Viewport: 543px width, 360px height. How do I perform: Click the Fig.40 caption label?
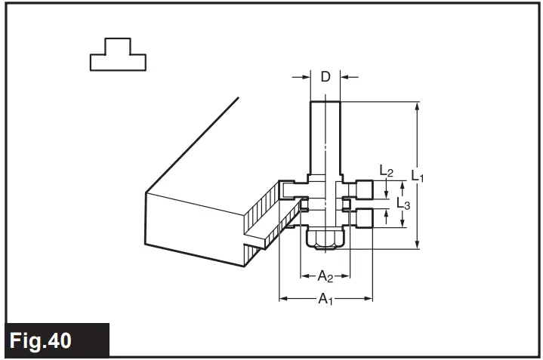click(42, 340)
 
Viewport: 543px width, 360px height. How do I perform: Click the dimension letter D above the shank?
click(325, 76)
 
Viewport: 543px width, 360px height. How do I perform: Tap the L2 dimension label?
click(386, 172)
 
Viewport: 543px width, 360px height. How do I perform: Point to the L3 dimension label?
click(403, 204)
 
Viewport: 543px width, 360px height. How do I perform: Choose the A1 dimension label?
click(325, 300)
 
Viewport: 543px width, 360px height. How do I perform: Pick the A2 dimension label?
click(325, 275)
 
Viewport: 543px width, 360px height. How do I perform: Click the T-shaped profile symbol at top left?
click(118, 54)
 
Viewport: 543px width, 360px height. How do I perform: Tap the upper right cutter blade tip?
click(366, 190)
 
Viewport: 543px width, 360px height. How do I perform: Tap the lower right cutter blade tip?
click(366, 218)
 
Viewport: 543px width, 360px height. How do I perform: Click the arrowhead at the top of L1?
click(417, 106)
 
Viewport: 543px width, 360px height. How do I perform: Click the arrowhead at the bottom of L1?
click(417, 243)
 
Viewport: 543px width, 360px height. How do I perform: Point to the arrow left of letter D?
click(304, 76)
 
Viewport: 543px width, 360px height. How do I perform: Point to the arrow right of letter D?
click(347, 76)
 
